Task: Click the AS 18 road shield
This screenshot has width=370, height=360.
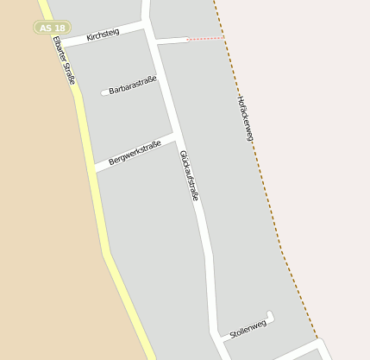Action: coord(52,28)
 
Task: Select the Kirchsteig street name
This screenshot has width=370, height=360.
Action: coord(103,34)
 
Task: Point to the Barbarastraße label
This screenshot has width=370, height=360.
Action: coord(133,85)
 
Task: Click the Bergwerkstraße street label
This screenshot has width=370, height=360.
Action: coord(135,149)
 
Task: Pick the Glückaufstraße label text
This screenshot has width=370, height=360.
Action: coord(190,176)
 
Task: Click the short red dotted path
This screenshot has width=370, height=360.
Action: coord(206,39)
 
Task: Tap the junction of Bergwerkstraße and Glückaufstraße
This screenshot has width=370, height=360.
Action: coord(175,136)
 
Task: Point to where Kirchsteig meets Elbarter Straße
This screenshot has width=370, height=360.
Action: coord(60,43)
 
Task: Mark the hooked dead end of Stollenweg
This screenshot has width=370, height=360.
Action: coord(271,314)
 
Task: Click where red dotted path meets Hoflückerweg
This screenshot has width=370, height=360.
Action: coord(225,38)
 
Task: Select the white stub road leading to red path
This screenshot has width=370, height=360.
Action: coord(172,41)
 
